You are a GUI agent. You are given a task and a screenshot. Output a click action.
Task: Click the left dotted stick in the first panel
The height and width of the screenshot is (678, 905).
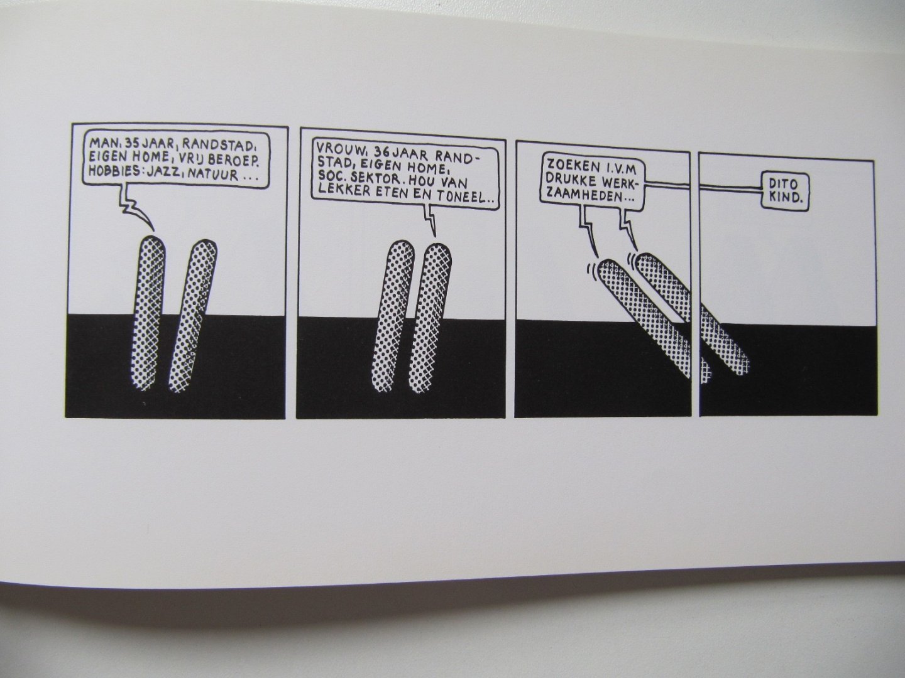(148, 314)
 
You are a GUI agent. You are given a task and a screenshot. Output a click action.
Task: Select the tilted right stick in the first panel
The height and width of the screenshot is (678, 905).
(192, 316)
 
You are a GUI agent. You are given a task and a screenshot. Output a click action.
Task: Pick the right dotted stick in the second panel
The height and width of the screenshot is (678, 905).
(430, 318)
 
